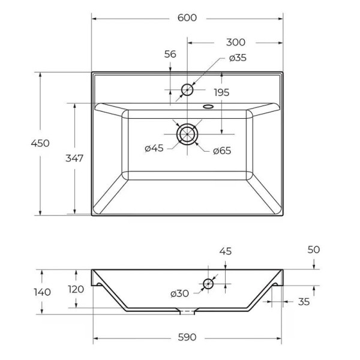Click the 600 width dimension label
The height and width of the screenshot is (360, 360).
click(x=187, y=17)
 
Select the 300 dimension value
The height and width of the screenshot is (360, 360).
click(x=236, y=42)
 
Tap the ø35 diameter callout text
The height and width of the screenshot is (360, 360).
click(x=238, y=58)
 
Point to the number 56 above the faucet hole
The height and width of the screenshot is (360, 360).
click(x=170, y=54)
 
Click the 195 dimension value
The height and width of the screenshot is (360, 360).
click(x=221, y=92)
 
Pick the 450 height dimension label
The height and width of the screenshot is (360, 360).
click(x=40, y=143)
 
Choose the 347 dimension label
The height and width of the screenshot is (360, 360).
click(x=74, y=158)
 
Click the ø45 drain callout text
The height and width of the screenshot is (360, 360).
click(x=154, y=148)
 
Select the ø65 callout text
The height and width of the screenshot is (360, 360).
click(x=222, y=151)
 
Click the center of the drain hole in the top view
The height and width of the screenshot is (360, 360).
click(x=187, y=134)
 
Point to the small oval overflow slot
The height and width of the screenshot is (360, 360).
click(x=208, y=106)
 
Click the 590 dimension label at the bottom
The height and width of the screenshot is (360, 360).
click(x=187, y=337)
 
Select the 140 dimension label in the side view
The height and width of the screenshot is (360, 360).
click(x=42, y=292)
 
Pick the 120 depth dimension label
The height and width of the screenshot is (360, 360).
click(x=76, y=289)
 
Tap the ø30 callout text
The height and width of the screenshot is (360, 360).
click(x=180, y=293)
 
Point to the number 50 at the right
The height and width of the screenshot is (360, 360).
click(x=314, y=250)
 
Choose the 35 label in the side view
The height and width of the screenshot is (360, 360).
click(x=304, y=302)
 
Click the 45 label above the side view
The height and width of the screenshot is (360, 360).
click(x=226, y=251)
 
